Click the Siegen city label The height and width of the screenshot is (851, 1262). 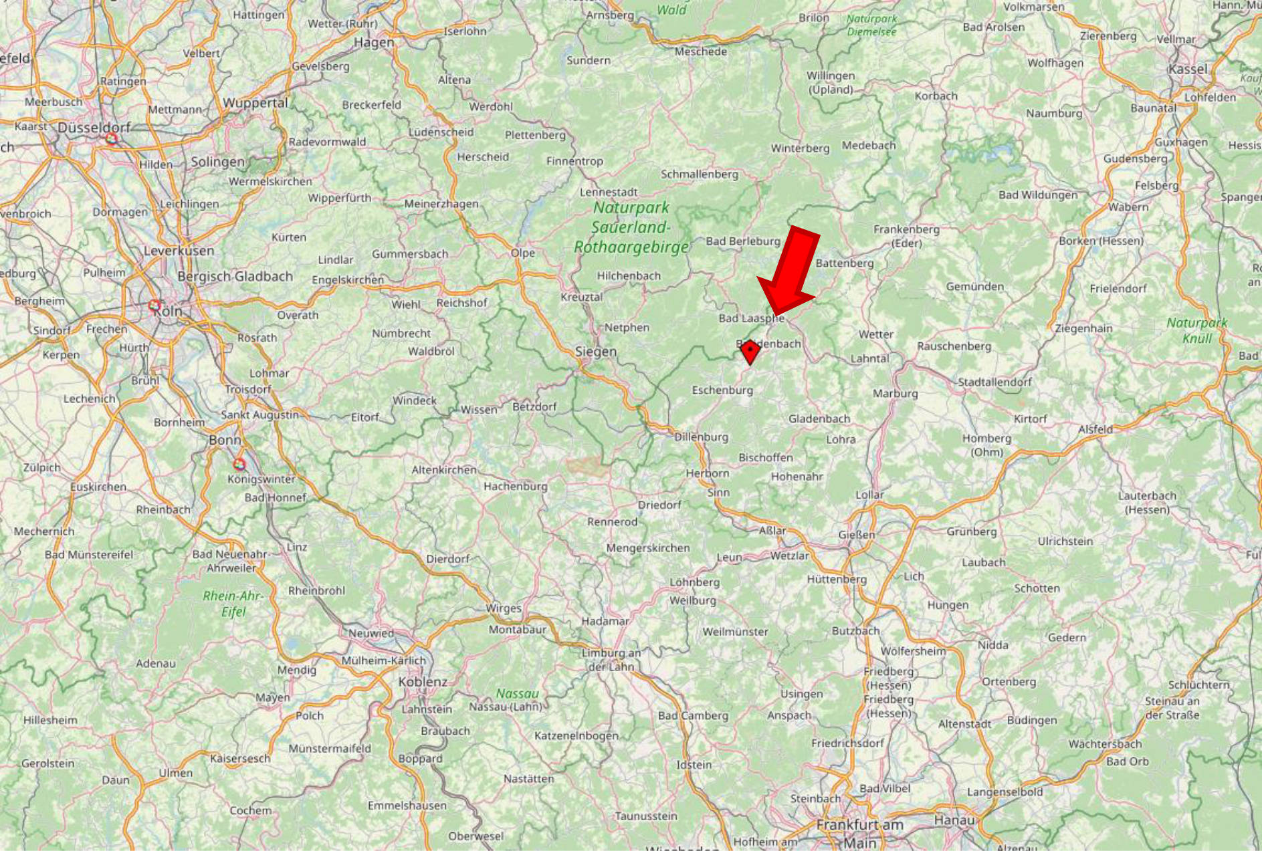coord(596,352)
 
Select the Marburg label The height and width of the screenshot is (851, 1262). coord(895,393)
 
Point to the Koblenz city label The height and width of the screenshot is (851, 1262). coord(423,682)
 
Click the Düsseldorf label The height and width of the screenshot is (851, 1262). coord(94,127)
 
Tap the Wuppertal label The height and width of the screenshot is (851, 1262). coord(255,103)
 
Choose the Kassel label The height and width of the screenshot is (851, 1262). coord(1188,69)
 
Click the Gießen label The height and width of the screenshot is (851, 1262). coord(856,535)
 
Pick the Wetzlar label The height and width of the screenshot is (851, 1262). coord(789,556)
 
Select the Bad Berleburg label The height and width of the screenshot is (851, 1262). coord(743,241)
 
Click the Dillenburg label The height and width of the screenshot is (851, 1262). coord(701,437)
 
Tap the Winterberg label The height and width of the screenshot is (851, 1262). coord(800,148)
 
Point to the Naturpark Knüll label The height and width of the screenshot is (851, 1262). coord(1197,330)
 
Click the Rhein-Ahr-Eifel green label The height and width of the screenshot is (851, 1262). coord(233,604)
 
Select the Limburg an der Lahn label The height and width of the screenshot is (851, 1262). coord(611,660)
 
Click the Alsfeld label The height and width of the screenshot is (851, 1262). coord(1095,429)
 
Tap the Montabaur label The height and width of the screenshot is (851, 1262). coord(517,629)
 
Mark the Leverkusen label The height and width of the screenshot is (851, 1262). coord(179,251)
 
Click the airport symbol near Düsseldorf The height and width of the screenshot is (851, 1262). coord(112,138)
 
